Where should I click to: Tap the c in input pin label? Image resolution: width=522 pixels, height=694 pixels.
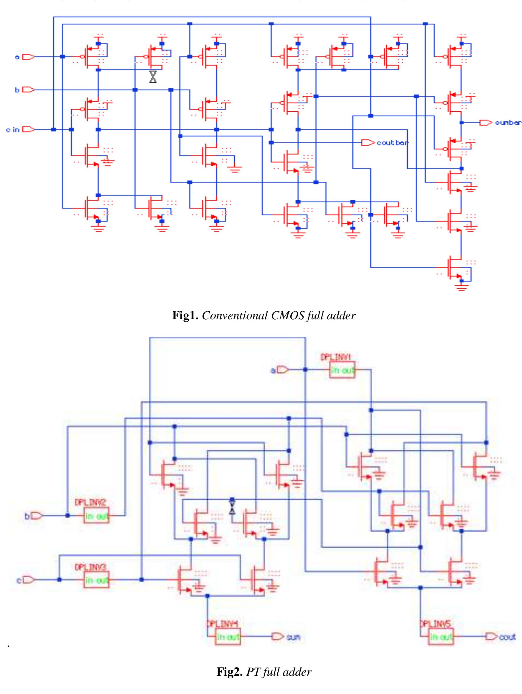13,130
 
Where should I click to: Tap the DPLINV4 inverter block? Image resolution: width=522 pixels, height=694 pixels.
228,637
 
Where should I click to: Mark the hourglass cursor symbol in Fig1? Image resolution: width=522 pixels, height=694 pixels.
153,77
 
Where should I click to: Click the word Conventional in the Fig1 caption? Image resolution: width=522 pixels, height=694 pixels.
235,315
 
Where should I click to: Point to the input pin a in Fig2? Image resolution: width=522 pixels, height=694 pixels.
284,371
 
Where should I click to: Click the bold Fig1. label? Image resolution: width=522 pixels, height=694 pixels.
185,315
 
